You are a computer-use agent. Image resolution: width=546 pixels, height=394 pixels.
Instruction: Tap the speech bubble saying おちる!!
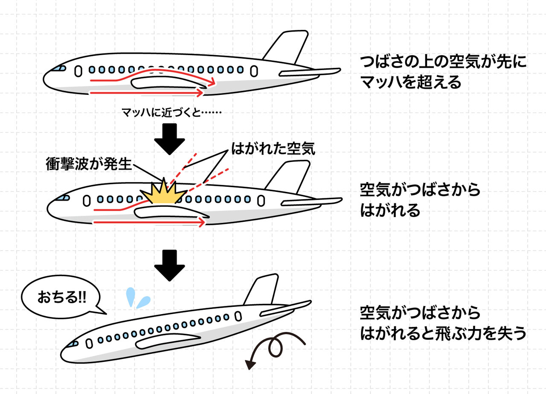[x=62, y=297]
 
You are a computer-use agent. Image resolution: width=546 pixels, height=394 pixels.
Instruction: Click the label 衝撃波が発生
[x=89, y=164]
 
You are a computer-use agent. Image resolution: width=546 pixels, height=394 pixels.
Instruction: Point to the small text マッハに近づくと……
[x=170, y=113]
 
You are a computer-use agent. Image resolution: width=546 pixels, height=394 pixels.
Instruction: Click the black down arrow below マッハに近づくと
[x=170, y=139]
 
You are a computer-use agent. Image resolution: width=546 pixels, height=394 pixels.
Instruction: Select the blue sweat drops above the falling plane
[x=137, y=298]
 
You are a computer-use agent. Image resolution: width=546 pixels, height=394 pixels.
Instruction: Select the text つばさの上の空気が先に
[x=444, y=62]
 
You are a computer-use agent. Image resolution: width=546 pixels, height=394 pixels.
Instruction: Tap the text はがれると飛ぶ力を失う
[x=444, y=334]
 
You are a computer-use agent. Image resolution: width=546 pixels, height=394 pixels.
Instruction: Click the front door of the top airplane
[x=78, y=71]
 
